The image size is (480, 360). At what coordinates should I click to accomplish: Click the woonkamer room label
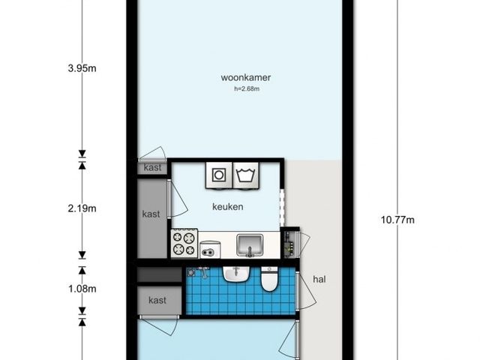click(246, 77)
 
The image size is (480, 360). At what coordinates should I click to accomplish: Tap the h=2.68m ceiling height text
click(247, 89)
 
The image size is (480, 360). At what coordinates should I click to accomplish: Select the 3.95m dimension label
click(82, 68)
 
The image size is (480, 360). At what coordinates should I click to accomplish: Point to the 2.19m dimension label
click(82, 208)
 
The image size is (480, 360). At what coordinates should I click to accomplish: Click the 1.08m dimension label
click(82, 289)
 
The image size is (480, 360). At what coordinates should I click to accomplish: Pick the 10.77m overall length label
click(397, 220)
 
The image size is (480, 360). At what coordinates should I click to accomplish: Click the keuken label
click(228, 207)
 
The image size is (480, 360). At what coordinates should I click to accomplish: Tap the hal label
click(319, 279)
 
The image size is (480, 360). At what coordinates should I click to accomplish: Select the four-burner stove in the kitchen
click(184, 243)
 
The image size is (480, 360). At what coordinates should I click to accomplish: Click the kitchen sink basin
click(250, 245)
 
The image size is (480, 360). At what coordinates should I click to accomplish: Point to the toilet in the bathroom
click(269, 279)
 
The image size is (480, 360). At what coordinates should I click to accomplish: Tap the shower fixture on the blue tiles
click(199, 271)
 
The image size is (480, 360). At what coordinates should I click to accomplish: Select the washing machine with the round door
click(219, 175)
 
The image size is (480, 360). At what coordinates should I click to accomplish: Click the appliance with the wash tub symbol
click(246, 175)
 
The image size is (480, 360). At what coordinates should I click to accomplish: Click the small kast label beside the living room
click(152, 167)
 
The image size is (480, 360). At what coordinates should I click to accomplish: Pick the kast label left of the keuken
click(151, 214)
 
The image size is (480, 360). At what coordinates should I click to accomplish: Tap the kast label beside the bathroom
click(157, 300)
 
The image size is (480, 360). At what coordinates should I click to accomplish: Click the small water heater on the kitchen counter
click(210, 250)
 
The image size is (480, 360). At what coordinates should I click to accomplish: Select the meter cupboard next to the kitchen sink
click(290, 243)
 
